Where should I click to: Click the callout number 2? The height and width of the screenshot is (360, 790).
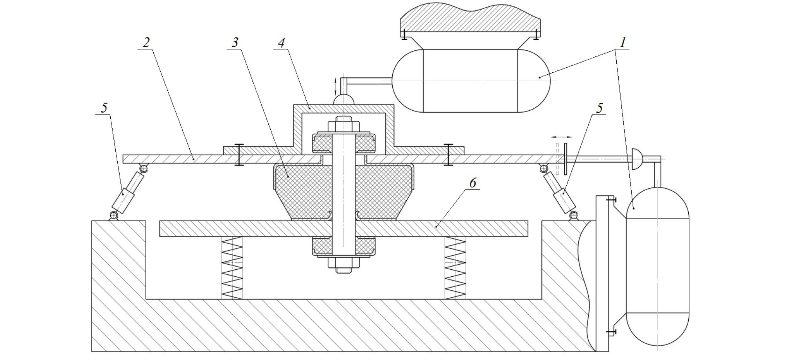click(x=146, y=42)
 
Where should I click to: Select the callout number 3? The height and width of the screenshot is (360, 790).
click(x=235, y=42)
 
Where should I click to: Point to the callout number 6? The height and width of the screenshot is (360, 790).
click(x=473, y=183)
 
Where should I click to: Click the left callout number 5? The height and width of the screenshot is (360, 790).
click(x=104, y=108)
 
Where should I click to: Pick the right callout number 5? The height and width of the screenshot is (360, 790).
click(x=599, y=108)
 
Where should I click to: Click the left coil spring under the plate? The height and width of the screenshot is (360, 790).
click(x=232, y=268)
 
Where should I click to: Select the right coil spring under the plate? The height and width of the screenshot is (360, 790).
click(x=456, y=268)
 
